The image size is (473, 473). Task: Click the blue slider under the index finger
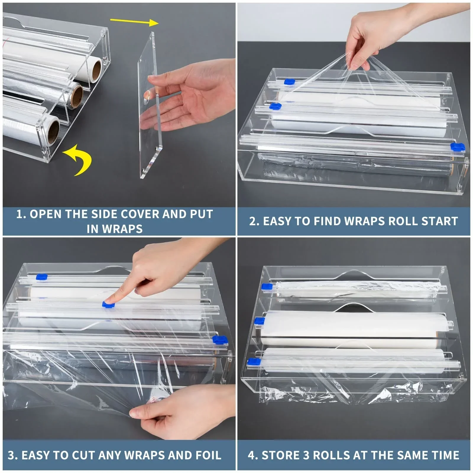click(108, 305)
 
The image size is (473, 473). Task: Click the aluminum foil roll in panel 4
click(358, 286)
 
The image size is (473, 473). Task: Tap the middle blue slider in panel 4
click(260, 321)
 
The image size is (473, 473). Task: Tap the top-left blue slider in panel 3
click(41, 277)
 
